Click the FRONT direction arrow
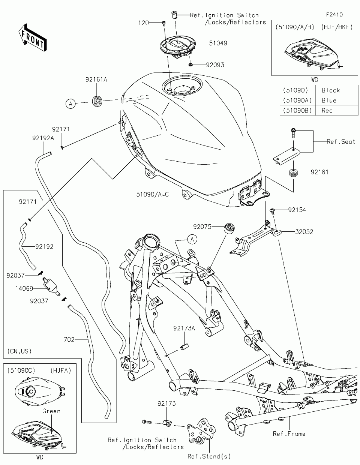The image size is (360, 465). click(x=33, y=37)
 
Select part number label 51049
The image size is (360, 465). click(x=218, y=43)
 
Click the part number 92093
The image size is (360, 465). click(x=215, y=65)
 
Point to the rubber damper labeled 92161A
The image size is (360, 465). click(x=97, y=101)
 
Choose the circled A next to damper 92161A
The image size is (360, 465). click(x=71, y=104)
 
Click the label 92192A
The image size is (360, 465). click(x=43, y=138)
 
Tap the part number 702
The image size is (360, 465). click(x=69, y=340)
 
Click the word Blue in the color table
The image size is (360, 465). click(x=329, y=100)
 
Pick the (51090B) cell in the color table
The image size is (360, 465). click(x=297, y=110)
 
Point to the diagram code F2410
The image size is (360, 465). click(x=334, y=15)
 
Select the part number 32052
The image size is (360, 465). click(x=304, y=232)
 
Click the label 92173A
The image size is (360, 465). click(x=184, y=328)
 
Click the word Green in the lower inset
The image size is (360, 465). click(x=51, y=411)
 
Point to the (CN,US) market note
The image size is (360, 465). click(x=19, y=351)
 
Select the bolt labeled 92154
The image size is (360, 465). click(x=273, y=211)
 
